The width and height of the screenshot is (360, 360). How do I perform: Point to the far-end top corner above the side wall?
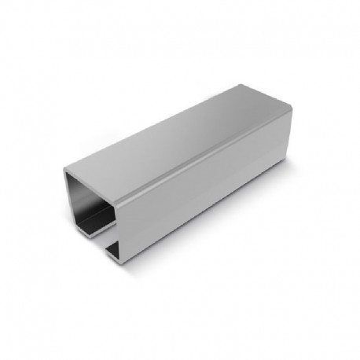pyautogui.click(x=292, y=111)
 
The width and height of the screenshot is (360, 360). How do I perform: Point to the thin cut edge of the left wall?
pyautogui.click(x=66, y=197)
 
